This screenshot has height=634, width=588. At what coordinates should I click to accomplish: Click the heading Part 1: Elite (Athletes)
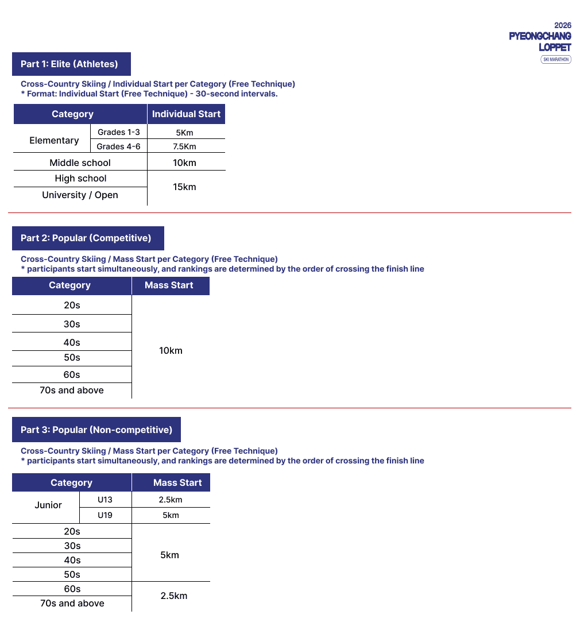click(x=69, y=64)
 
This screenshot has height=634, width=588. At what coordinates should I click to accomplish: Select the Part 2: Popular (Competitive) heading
click(x=86, y=238)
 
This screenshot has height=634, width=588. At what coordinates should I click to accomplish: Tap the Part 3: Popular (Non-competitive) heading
click(x=96, y=430)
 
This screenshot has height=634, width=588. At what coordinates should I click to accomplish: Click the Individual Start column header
click(x=186, y=114)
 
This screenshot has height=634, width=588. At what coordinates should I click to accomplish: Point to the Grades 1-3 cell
click(x=118, y=132)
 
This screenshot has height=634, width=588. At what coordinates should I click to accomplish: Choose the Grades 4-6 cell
click(x=118, y=146)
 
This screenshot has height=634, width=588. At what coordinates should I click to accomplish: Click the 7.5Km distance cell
click(x=184, y=146)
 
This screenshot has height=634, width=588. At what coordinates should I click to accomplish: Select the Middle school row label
click(x=80, y=163)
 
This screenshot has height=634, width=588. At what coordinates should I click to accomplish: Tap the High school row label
click(x=80, y=179)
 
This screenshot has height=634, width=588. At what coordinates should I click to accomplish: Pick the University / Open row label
click(x=80, y=195)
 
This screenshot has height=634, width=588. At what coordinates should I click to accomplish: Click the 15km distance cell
click(x=184, y=187)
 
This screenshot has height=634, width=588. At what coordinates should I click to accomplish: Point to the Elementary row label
click(x=54, y=140)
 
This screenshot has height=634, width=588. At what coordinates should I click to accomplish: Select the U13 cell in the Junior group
click(x=105, y=500)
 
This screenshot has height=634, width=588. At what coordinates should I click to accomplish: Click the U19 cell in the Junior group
click(x=105, y=515)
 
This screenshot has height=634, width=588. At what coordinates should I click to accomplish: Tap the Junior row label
click(x=48, y=505)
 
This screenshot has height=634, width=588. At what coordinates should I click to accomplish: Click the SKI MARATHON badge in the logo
click(x=556, y=59)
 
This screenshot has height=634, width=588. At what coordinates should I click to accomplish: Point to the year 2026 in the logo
click(x=563, y=25)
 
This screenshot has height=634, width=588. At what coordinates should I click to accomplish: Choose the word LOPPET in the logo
click(x=555, y=47)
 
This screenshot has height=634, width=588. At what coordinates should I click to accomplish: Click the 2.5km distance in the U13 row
click(x=171, y=500)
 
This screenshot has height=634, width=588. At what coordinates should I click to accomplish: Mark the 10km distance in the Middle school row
click(x=184, y=163)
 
